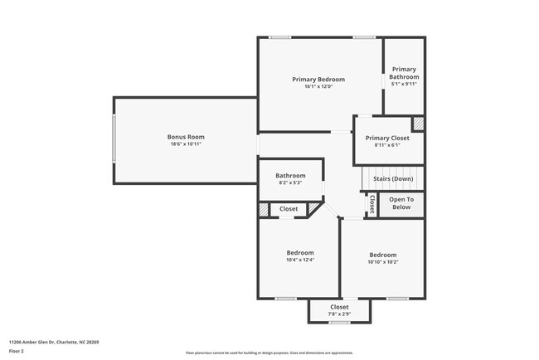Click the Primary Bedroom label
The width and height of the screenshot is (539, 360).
coord(318,80)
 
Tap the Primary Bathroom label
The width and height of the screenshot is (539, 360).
coord(404,73)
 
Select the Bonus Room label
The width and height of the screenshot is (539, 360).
coord(186,137)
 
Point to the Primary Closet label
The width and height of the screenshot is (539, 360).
coord(387,139)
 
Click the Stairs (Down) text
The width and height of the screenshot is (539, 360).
coord(393,178)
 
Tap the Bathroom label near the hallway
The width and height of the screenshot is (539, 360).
coord(290,175)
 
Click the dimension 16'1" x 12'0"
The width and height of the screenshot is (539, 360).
coord(318,87)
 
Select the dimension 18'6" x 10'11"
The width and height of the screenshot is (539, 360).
coord(186,144)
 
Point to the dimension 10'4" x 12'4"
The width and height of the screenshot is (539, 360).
coord(300,260)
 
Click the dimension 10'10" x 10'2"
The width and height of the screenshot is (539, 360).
coord(382,263)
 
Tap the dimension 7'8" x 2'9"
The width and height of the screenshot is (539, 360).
coord(339,314)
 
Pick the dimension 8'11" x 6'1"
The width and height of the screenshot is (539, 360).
coord(387,146)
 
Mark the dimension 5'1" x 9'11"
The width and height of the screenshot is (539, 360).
coord(404,84)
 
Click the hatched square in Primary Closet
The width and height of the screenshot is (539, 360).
coord(419,123)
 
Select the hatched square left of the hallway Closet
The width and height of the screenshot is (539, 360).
coord(265,210)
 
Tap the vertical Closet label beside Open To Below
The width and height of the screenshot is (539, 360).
coord(371,204)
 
